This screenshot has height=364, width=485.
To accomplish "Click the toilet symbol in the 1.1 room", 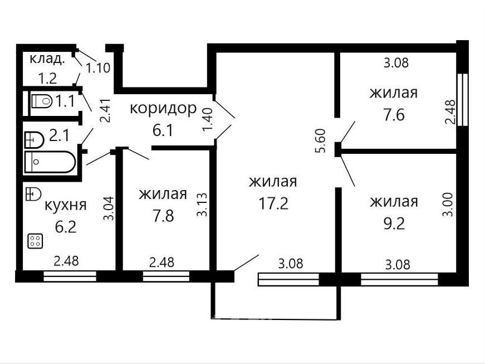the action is click(x=42, y=101).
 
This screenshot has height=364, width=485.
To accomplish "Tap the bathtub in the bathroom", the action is click(x=50, y=162).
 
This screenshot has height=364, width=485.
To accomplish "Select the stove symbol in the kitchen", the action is click(x=35, y=241).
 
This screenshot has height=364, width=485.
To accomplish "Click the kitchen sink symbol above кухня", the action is click(x=33, y=194).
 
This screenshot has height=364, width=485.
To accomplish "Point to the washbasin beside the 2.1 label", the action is click(x=34, y=140).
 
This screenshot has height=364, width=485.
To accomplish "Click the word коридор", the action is click(x=163, y=109).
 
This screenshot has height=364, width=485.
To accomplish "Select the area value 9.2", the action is click(x=394, y=223).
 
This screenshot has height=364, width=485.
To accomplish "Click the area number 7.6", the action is click(x=394, y=115).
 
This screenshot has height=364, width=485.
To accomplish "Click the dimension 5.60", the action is click(x=321, y=141).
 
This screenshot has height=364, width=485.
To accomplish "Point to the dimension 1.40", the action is click(x=208, y=119).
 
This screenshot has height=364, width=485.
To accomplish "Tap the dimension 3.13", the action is click(x=202, y=205).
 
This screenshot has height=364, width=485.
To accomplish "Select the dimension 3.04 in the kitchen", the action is click(x=109, y=208).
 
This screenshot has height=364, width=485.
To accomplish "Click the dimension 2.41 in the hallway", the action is click(x=106, y=111).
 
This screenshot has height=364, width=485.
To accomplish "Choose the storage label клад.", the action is click(x=47, y=59).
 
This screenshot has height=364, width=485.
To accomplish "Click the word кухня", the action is click(x=66, y=205).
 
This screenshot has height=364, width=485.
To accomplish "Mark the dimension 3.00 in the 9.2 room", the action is click(x=449, y=205).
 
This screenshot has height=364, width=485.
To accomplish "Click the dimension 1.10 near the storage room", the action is click(x=98, y=68).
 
